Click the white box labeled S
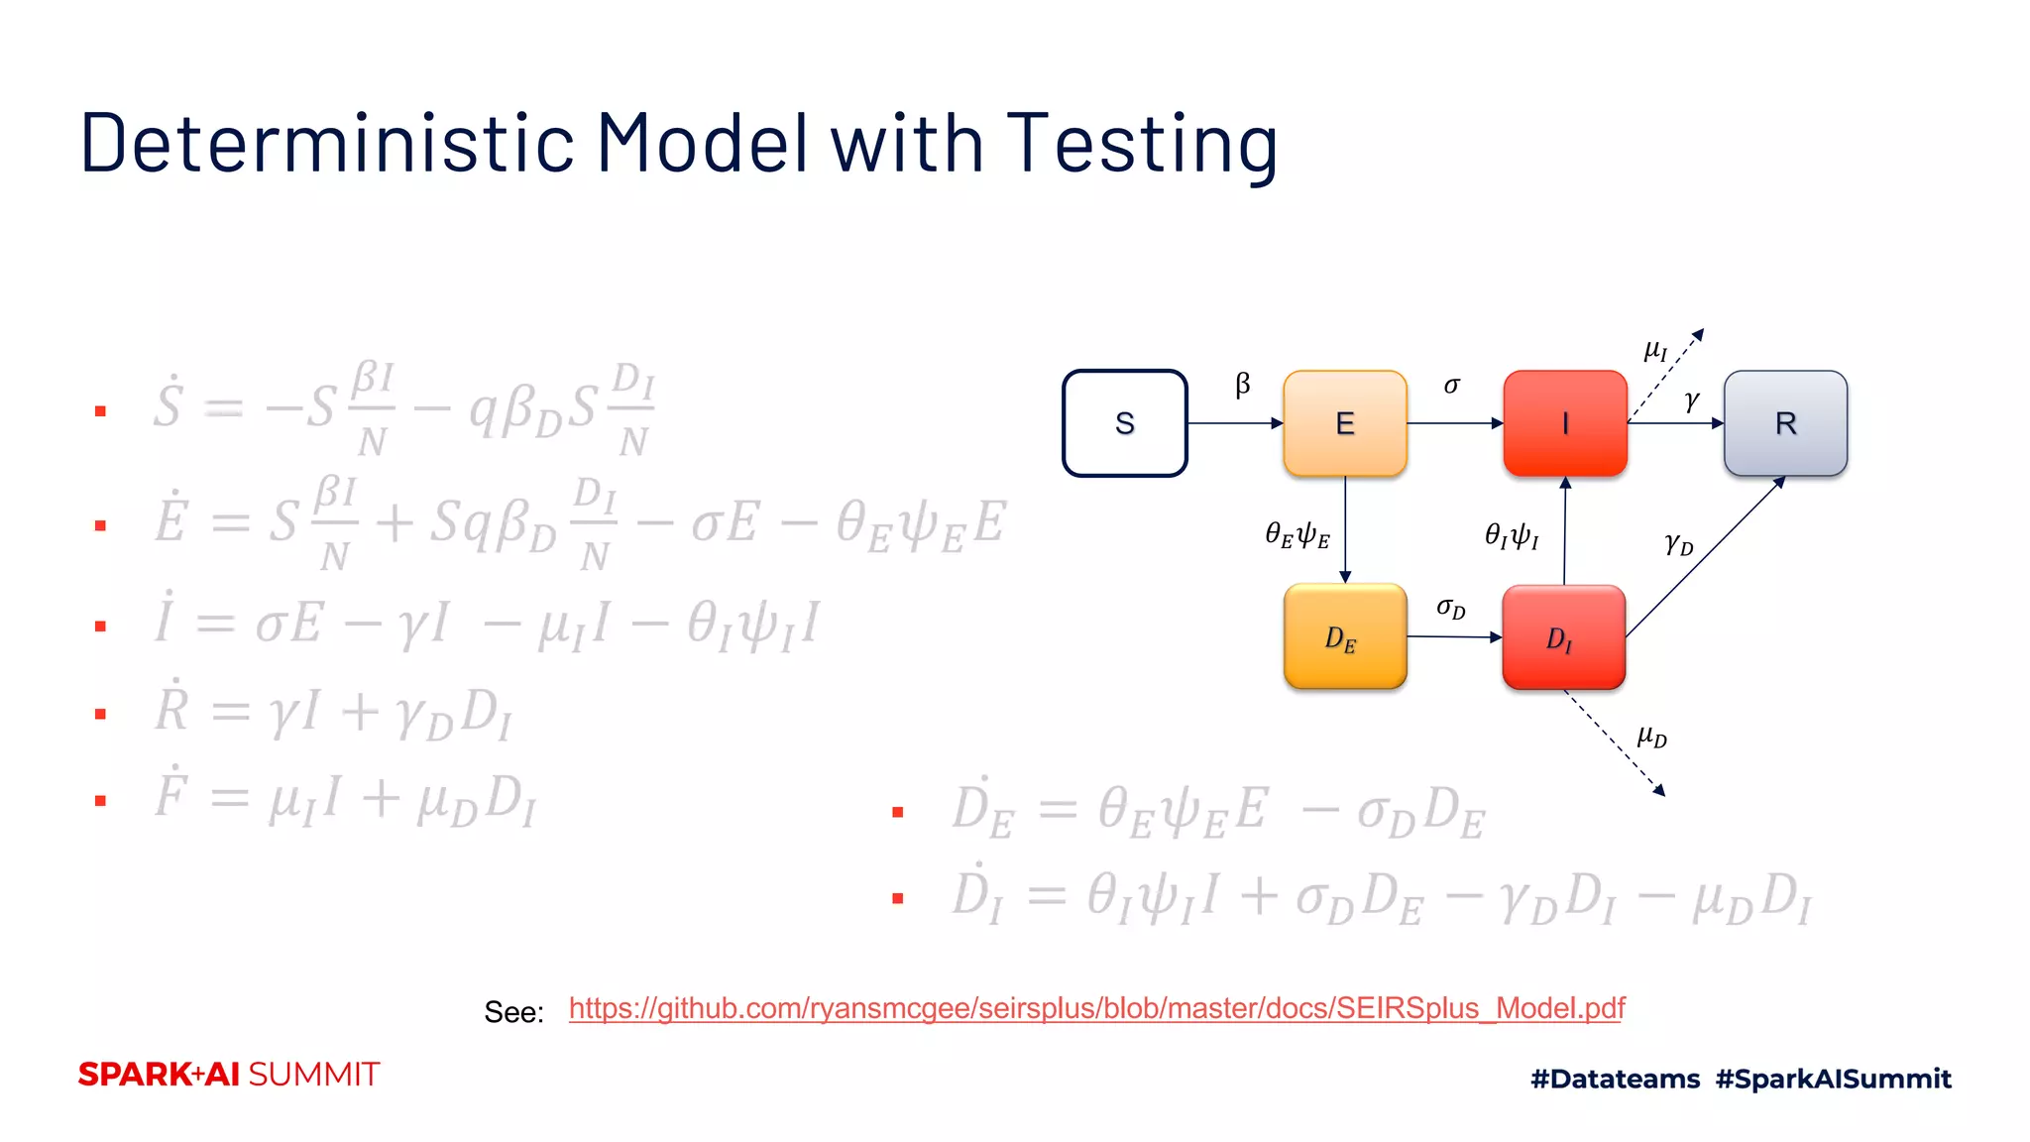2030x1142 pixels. click(1124, 423)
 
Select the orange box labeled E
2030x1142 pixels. click(1344, 423)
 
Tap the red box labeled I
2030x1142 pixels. click(1564, 423)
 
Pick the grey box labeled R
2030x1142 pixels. click(1785, 423)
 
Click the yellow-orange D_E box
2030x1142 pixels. click(1344, 636)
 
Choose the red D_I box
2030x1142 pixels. click(1563, 637)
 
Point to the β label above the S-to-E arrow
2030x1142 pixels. click(1243, 384)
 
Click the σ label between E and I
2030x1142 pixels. click(1451, 385)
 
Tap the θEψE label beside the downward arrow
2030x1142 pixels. click(1297, 535)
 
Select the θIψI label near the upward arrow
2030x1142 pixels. click(1511, 536)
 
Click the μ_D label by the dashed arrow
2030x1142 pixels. click(1651, 737)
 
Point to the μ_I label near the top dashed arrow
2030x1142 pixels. click(1655, 350)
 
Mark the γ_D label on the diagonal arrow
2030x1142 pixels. click(1678, 543)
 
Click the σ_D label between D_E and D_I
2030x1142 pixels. click(1450, 608)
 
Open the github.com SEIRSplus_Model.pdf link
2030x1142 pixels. click(1096, 1008)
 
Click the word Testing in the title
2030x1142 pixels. click(1141, 144)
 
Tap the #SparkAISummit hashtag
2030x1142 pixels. click(1833, 1079)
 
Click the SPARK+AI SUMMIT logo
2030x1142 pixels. click(229, 1075)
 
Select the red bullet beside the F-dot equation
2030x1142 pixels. click(100, 800)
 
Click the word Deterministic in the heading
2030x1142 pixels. click(326, 144)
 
